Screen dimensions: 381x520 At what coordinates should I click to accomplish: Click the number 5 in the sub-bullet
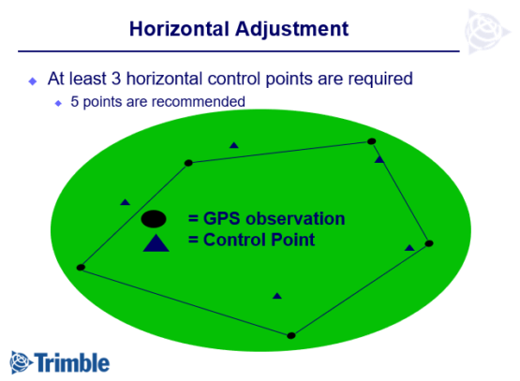(75, 100)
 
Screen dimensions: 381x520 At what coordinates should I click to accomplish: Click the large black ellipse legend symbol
(155, 220)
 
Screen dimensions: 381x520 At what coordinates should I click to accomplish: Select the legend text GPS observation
(267, 219)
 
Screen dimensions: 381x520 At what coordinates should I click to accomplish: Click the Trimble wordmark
(74, 361)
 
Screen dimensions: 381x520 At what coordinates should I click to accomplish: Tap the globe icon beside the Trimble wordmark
(22, 360)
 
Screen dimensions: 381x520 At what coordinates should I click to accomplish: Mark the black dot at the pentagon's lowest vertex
(291, 335)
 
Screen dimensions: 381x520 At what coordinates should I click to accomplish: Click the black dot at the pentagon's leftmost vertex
(81, 268)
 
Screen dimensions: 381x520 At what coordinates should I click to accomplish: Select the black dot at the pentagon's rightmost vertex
(429, 243)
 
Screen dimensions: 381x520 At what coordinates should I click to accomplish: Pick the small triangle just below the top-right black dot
(379, 159)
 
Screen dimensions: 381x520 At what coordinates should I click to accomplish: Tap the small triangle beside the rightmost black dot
(409, 247)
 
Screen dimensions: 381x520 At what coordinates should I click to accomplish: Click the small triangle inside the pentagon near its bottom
(276, 296)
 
